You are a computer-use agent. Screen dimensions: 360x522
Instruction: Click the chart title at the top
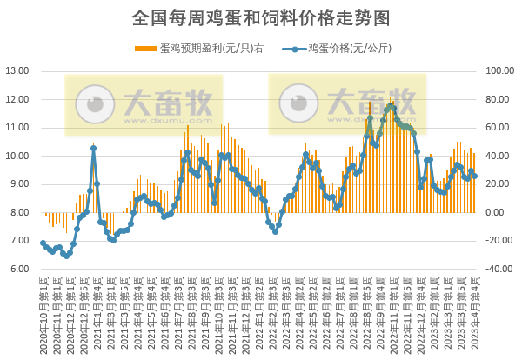click(x=261, y=17)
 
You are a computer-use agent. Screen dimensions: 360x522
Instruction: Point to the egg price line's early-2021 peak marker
click(x=93, y=149)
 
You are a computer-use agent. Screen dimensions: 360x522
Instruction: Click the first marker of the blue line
click(x=43, y=243)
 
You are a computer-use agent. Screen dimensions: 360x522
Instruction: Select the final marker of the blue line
click(x=474, y=176)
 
